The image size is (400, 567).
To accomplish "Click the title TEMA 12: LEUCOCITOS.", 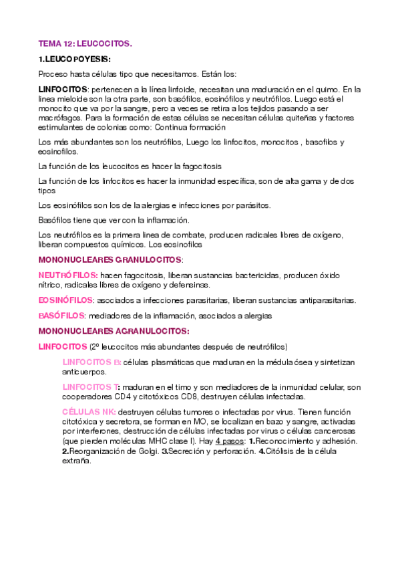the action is [85, 43].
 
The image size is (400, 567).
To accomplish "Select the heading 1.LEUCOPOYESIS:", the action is [75, 58].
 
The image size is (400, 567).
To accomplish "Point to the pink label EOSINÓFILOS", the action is [65, 300].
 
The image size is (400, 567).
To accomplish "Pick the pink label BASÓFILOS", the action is [62, 316].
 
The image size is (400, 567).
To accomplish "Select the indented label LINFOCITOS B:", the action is [91, 362].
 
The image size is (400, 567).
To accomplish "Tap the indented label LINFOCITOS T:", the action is [91, 386].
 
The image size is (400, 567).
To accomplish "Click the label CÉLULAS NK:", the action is [89, 412].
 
